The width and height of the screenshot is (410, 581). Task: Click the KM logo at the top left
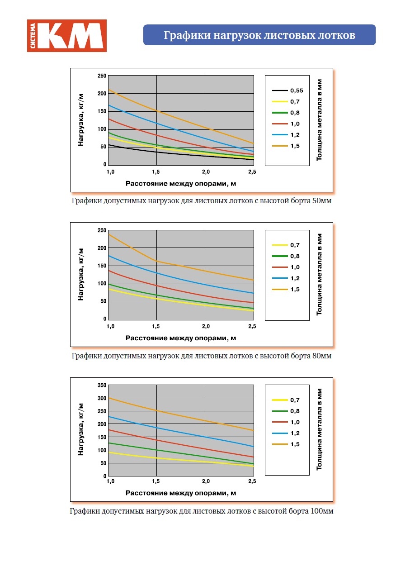(x=67, y=36)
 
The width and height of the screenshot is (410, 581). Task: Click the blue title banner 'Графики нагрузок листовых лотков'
(x=259, y=35)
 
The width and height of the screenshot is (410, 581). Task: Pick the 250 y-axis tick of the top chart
(x=102, y=76)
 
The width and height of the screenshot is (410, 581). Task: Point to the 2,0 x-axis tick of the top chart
(x=205, y=172)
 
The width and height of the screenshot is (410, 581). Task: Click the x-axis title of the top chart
(x=181, y=183)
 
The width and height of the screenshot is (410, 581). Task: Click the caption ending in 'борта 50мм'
(x=201, y=201)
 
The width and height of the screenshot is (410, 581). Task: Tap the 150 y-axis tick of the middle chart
(x=102, y=266)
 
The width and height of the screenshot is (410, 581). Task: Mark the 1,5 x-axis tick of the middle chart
(x=157, y=327)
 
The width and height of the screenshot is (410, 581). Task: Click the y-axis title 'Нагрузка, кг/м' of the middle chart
(x=81, y=274)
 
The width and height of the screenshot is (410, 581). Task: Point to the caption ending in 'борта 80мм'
(x=201, y=356)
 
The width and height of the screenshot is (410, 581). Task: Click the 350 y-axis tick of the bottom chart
(x=102, y=385)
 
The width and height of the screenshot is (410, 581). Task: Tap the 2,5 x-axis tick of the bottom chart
(x=252, y=481)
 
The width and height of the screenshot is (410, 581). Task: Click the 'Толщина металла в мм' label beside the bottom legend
(x=319, y=429)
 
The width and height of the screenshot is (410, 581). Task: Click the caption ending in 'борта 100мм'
(x=201, y=511)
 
